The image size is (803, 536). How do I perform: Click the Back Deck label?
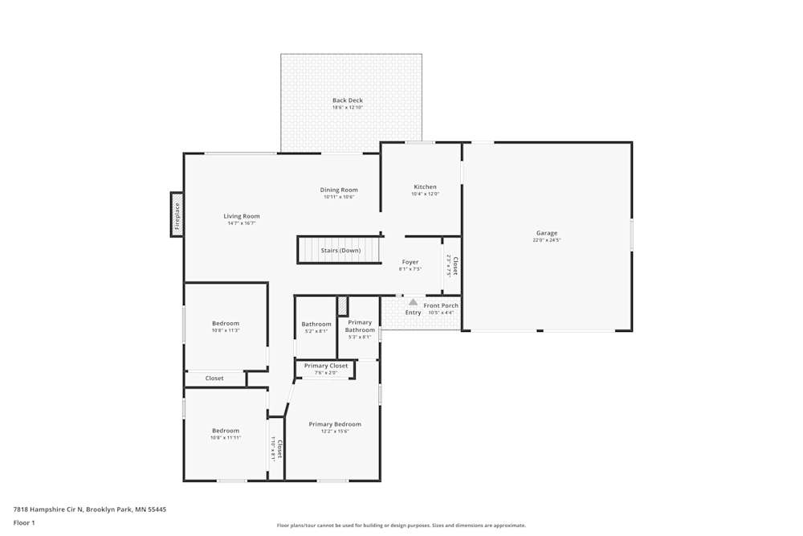coord(348,100)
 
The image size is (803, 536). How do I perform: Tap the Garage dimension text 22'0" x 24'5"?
coord(547,240)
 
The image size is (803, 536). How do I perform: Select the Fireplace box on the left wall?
coord(177,215)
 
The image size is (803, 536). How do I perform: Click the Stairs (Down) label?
coord(340,251)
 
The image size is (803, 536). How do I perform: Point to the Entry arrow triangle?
coord(413,302)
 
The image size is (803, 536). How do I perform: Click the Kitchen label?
coord(425,187)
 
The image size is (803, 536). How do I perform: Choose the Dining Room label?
coord(339,190)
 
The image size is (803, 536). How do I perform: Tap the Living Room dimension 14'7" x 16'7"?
coord(241,223)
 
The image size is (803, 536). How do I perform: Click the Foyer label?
coord(410,262)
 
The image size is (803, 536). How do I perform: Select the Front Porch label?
coord(441,305)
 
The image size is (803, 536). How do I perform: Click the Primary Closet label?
coord(326,366)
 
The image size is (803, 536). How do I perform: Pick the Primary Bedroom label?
coord(335,424)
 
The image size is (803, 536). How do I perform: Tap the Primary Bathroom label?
coord(360,326)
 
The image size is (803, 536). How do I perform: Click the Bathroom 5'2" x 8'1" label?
coord(316,325)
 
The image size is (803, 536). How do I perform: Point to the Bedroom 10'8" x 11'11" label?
coord(226,431)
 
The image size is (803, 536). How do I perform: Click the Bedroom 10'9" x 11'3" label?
coord(226,324)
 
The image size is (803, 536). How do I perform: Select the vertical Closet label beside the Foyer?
coord(454,266)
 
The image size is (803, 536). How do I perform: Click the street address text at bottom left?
coord(90,509)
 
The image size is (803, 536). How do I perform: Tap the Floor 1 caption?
coord(24,522)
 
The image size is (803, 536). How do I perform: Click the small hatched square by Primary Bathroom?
coord(342,305)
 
